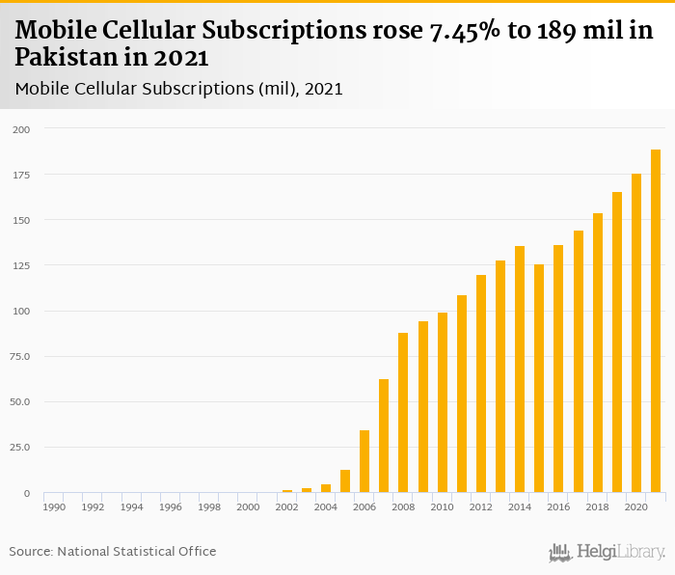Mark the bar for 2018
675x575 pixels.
click(x=598, y=353)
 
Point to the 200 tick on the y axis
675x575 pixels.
click(x=21, y=129)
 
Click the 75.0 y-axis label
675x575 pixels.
click(x=20, y=357)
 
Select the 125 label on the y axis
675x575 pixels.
click(x=21, y=265)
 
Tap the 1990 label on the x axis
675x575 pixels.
click(x=54, y=507)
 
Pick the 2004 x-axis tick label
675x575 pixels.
click(x=325, y=507)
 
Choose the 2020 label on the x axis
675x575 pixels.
click(x=635, y=507)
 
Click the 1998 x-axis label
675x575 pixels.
click(x=209, y=507)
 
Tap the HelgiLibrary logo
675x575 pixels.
click(x=607, y=552)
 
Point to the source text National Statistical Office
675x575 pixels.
click(x=136, y=552)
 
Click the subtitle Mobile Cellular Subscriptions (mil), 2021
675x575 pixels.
click(x=179, y=89)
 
